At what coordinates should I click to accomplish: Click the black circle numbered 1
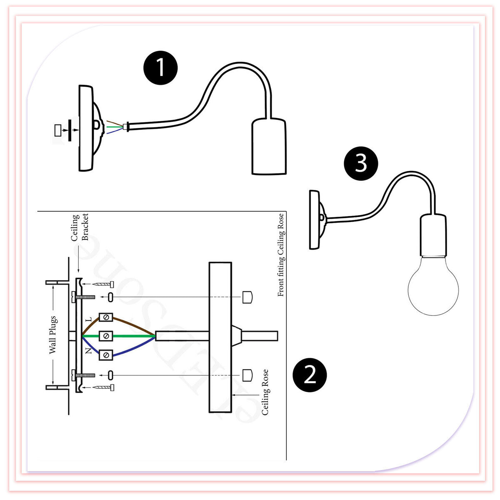point(160,67)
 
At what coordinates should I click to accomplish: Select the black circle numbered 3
point(361,163)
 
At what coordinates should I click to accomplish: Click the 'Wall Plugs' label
point(52,335)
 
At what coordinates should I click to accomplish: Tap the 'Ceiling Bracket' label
point(80,227)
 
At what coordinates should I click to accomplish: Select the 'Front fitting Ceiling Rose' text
point(281,255)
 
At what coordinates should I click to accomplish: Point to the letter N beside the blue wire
point(88,351)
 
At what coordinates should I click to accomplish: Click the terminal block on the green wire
point(106,335)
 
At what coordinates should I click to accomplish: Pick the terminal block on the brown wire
point(106,318)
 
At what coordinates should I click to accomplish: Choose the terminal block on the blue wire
point(106,355)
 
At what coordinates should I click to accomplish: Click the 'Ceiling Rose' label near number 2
point(265,392)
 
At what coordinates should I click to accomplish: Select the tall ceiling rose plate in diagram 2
point(220,337)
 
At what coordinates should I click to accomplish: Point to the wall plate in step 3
point(315,220)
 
